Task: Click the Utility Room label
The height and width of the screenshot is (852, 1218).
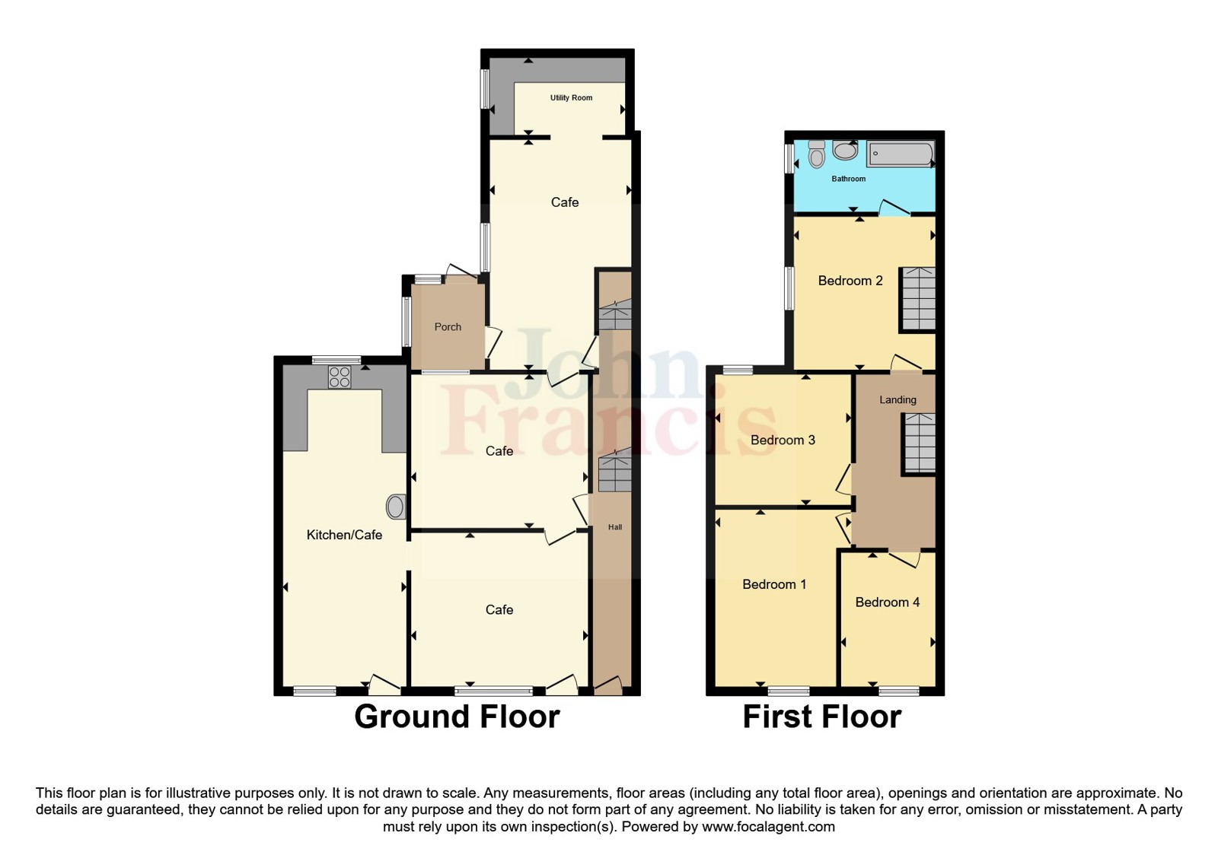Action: click(x=571, y=97)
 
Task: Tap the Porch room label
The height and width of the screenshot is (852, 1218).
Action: click(x=448, y=327)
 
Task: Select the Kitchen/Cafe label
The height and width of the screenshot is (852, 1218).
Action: click(x=344, y=535)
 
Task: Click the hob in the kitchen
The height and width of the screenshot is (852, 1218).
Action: click(x=340, y=377)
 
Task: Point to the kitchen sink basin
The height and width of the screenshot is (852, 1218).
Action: click(x=396, y=507)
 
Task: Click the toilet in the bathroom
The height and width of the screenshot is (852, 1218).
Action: click(x=817, y=154)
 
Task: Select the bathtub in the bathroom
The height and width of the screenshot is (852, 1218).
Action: click(x=901, y=154)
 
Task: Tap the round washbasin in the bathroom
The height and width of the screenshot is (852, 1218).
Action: click(x=845, y=150)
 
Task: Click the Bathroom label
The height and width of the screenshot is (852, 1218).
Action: click(x=848, y=179)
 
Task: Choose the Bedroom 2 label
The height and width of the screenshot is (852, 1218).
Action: click(x=850, y=281)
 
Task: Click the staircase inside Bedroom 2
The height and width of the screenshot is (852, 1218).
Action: click(x=918, y=298)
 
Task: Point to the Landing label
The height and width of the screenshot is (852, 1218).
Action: click(x=898, y=399)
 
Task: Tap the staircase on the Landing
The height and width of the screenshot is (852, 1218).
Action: click(x=920, y=444)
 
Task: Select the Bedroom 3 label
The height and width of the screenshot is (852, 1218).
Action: click(x=783, y=440)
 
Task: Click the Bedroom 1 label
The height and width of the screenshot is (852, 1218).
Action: click(x=774, y=584)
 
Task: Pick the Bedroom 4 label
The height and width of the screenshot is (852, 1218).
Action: click(x=887, y=602)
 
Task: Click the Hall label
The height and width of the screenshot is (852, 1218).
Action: click(x=614, y=527)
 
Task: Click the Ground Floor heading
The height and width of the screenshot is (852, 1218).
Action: click(x=457, y=717)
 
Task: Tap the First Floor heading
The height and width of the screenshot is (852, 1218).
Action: click(x=821, y=717)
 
